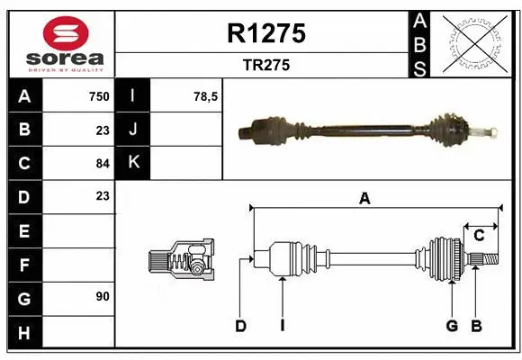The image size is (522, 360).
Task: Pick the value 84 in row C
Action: (102, 163)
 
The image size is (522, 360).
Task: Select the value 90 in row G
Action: (102, 296)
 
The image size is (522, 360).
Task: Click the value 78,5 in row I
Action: (206, 96)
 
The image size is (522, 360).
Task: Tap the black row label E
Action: (23, 230)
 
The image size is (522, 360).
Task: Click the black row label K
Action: (134, 163)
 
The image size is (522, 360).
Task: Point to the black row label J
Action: (134, 130)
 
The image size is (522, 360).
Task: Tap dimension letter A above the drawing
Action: (364, 199)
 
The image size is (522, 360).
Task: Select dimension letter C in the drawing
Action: (479, 236)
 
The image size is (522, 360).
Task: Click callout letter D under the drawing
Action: (240, 326)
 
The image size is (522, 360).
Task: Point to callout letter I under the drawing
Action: (282, 326)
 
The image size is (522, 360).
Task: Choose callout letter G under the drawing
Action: (452, 326)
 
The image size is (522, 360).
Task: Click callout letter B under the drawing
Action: (477, 326)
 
